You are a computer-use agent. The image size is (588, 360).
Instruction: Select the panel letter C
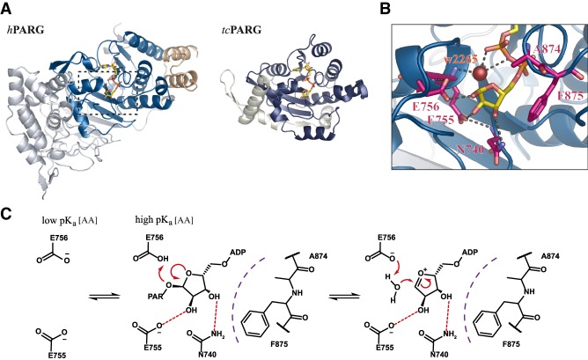(x=7, y=213)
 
